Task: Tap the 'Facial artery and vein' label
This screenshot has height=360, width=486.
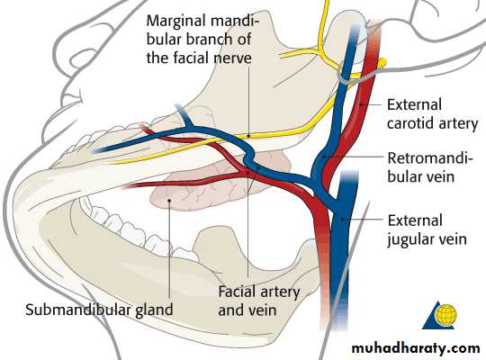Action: click(259, 301)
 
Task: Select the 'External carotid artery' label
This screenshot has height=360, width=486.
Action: click(432, 114)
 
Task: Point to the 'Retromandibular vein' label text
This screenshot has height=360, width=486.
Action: click(430, 167)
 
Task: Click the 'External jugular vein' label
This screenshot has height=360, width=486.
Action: click(427, 230)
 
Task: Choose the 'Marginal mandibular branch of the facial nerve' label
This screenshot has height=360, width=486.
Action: click(202, 40)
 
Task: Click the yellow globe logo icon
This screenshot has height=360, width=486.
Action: click(445, 314)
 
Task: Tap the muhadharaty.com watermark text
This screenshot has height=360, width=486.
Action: click(416, 348)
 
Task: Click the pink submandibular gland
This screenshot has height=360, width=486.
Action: click(214, 183)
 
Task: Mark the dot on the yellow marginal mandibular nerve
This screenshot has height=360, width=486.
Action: click(248, 136)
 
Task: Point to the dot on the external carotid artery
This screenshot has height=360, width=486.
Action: click(361, 105)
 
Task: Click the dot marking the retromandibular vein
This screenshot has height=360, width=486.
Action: click(324, 157)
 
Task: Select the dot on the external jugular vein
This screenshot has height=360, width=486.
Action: click(343, 220)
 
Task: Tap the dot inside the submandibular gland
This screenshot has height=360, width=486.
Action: click(169, 201)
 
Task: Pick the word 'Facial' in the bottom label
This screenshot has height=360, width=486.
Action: click(238, 292)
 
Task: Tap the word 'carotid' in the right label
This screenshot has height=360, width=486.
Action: click(411, 123)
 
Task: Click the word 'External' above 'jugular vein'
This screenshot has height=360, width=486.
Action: click(415, 220)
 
